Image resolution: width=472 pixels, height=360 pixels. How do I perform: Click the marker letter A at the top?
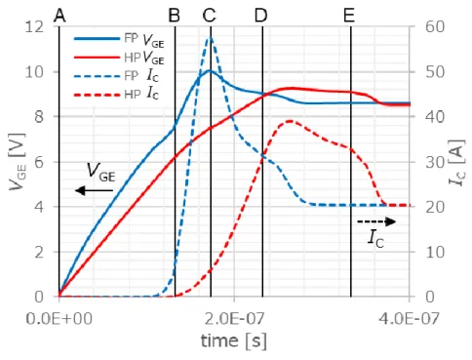pos(59,15)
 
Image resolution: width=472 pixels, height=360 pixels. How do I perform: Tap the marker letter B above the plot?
pos(175,15)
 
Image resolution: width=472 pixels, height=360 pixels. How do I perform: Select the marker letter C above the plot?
pos(209,15)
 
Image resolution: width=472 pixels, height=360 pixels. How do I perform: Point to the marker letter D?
pos(260,15)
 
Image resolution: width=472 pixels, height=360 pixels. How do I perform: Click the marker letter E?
pos(349,15)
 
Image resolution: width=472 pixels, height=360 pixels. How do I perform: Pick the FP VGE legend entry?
pos(119,40)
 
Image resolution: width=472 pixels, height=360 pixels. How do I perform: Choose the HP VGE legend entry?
pos(119,58)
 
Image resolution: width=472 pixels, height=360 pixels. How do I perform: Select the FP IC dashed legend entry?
pos(116,76)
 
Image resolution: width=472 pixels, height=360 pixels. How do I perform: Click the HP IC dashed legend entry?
pos(116,95)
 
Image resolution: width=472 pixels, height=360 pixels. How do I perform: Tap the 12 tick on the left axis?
pos(34,26)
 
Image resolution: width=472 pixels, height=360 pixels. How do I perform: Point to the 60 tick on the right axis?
pos(435,26)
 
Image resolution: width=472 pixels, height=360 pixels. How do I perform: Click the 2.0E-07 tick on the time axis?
pos(235,318)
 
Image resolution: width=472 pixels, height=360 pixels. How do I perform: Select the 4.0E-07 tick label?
pos(409,318)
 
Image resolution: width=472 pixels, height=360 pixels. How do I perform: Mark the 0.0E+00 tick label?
pos(59,318)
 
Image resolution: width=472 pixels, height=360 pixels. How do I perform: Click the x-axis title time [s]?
pos(234,341)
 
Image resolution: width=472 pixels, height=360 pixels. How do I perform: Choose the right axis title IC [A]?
pos(457,163)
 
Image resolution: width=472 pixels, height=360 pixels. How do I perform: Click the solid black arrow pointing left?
pos(94,190)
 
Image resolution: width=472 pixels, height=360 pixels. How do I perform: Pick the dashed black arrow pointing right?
pos(376,221)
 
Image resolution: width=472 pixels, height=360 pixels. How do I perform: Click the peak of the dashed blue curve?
pos(211,38)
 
